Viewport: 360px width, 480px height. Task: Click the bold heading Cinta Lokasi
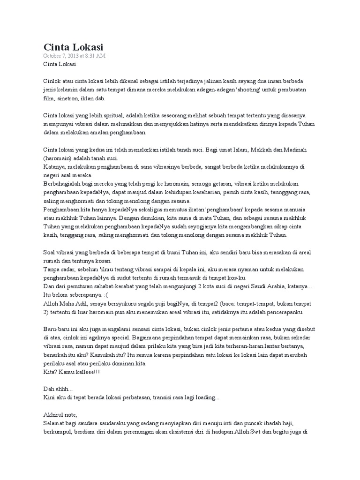tap(73, 47)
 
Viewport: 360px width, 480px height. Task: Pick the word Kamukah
tap(108, 355)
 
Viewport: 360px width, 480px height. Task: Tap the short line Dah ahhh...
tap(58, 389)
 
